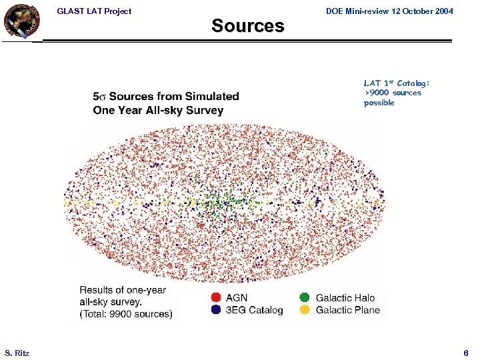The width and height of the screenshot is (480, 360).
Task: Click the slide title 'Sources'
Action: click(247, 26)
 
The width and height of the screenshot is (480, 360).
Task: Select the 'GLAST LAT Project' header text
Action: click(94, 11)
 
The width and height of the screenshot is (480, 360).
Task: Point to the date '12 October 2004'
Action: click(421, 11)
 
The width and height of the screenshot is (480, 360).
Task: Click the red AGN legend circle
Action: click(216, 298)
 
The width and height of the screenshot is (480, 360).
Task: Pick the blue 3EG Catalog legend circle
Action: click(216, 310)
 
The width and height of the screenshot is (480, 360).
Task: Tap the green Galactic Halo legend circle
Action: click(305, 298)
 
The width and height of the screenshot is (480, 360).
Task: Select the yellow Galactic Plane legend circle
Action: click(305, 310)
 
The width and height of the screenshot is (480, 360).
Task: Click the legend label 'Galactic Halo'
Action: click(345, 298)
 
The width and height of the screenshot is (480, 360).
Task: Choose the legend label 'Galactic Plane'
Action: click(347, 310)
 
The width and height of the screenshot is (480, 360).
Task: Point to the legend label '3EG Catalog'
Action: click(255, 310)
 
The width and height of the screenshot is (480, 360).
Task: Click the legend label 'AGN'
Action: click(237, 298)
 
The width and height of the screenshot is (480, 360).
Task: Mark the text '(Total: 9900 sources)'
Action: click(126, 313)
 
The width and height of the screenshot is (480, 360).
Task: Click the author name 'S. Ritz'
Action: click(17, 352)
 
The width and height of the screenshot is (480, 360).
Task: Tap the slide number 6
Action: click(466, 352)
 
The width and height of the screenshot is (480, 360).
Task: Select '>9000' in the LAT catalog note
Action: click(375, 93)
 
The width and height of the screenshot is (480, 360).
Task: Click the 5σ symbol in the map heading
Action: click(100, 97)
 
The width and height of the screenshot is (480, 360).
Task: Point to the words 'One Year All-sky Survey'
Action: click(158, 110)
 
